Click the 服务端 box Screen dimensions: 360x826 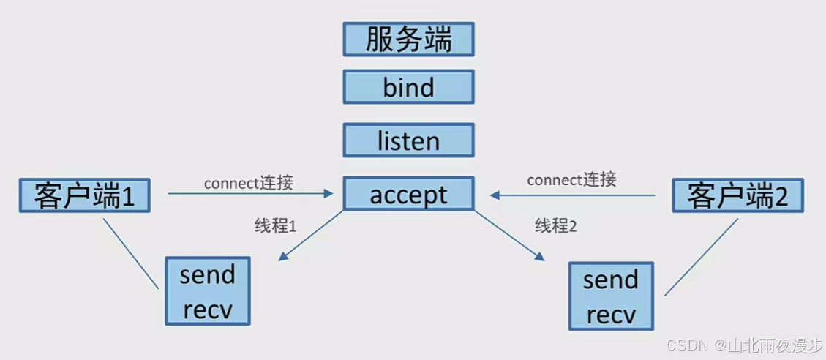point(408,39)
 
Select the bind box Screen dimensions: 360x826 point(408,87)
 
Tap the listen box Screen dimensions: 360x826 point(408,140)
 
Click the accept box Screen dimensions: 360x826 point(408,195)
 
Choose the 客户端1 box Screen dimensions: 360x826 point(84,195)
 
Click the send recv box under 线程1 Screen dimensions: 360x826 point(208,291)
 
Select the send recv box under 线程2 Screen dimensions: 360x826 point(611,297)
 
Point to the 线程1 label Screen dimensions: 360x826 point(275,227)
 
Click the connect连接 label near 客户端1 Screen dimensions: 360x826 point(248,183)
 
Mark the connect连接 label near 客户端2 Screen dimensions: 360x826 point(571,179)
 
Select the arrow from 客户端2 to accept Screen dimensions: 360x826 point(572,195)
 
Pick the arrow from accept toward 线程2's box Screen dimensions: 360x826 point(508,235)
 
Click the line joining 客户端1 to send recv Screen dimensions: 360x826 point(131,252)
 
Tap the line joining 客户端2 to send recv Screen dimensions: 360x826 point(701,257)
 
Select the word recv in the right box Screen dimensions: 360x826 point(611,315)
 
